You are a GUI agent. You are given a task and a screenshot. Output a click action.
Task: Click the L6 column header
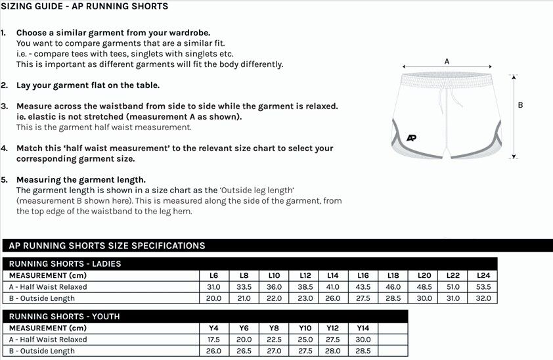[213, 276]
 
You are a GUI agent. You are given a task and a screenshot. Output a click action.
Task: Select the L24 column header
[483, 276]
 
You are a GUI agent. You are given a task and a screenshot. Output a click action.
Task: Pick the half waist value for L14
[333, 287]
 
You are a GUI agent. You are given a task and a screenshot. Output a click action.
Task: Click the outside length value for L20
[424, 298]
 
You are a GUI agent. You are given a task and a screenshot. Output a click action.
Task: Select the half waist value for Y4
[213, 340]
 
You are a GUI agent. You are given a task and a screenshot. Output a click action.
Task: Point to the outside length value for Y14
[363, 351]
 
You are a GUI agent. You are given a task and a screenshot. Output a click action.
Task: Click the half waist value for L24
[483, 287]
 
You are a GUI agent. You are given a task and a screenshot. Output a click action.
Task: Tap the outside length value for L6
[213, 298]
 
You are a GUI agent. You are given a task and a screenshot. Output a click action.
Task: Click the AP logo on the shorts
[412, 137]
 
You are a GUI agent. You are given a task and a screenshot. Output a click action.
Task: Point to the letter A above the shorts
[447, 61]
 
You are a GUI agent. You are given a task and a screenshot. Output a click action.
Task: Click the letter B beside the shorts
[521, 105]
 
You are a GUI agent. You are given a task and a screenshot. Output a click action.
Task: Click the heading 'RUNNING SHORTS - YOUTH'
[64, 317]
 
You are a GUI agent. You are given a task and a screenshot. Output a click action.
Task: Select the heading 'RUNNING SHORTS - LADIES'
[65, 264]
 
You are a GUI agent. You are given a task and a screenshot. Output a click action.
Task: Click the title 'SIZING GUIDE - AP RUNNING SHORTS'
[84, 7]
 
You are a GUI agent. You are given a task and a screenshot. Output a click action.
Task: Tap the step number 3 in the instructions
[4, 106]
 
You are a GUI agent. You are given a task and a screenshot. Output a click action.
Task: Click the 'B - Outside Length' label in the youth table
[42, 351]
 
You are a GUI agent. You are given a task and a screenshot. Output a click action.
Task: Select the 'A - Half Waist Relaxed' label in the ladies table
[48, 287]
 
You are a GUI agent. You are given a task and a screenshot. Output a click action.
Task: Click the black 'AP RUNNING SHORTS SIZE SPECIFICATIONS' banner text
[107, 246]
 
